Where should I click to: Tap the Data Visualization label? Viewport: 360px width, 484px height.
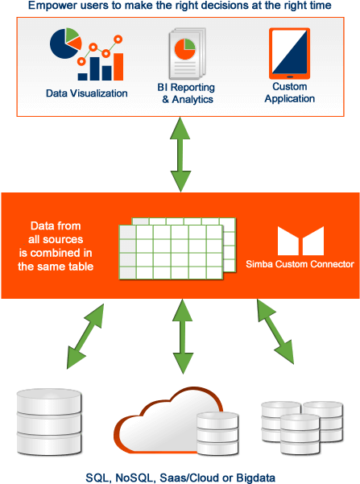coord(86,93)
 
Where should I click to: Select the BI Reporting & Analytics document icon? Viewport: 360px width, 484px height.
coord(186,56)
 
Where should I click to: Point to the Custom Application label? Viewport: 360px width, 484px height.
coord(289,93)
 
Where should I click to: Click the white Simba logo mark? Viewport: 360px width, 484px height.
coord(300,241)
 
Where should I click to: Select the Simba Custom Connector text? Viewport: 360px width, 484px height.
coord(300,264)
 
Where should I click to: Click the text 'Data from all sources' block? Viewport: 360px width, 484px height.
coord(60,246)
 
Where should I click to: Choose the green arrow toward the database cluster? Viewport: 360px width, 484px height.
coord(275,330)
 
